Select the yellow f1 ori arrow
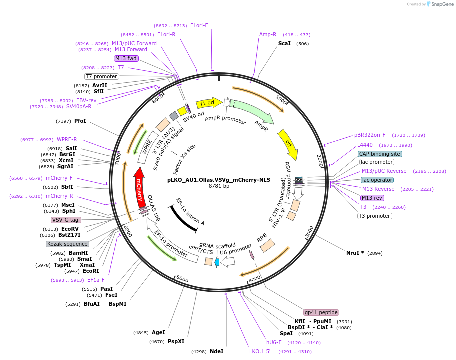point(208,103)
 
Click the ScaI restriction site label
point(284,44)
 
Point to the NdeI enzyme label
point(216,352)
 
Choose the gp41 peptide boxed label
point(321,312)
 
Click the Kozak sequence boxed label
point(67,244)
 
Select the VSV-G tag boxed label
point(66,220)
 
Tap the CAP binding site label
point(379,154)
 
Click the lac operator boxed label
point(377,180)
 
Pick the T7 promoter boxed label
point(101,77)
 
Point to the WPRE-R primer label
point(67,139)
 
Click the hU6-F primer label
point(274,343)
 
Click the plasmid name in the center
point(219,179)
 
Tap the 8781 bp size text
point(219,186)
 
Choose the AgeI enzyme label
point(158,332)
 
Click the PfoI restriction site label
point(80,121)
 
